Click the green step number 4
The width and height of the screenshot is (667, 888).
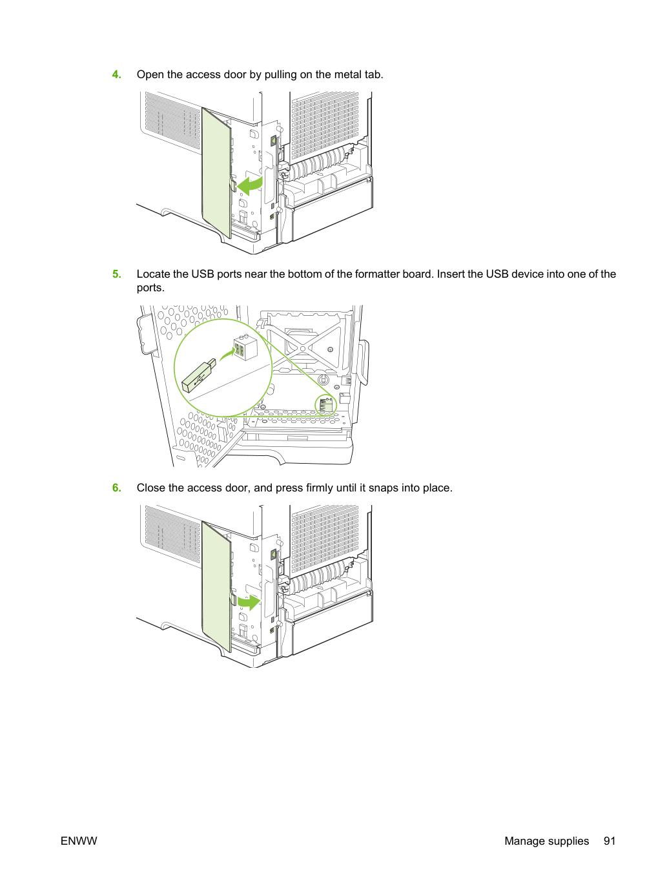(x=116, y=75)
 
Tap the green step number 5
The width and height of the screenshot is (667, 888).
(x=116, y=274)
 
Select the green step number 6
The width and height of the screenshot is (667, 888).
(x=116, y=488)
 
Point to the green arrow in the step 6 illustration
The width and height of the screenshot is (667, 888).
(x=249, y=602)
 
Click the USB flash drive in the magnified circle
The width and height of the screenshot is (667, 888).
(x=199, y=375)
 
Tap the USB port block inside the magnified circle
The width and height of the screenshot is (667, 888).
(x=245, y=347)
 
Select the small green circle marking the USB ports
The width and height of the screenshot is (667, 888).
(x=325, y=405)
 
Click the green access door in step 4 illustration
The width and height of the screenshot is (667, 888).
(x=216, y=172)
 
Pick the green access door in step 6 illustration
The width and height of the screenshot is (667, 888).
(x=216, y=586)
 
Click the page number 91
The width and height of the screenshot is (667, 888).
(x=609, y=841)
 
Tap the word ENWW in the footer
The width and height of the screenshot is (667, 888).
(x=79, y=841)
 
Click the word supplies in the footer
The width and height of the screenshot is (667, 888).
(x=568, y=842)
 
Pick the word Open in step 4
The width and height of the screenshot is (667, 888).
(x=150, y=76)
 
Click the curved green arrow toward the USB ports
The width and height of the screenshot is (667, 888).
(x=227, y=355)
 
